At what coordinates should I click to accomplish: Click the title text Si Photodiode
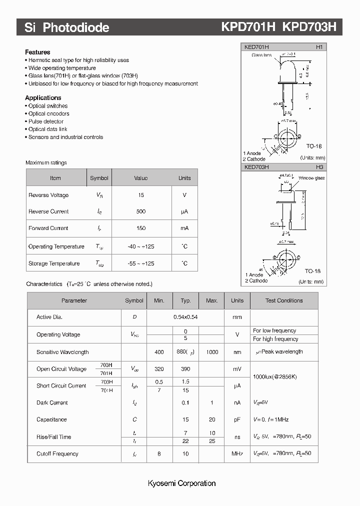67,28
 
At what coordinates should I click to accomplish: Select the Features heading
37,52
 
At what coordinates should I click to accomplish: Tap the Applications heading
43,98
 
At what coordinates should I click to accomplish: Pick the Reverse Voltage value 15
141,195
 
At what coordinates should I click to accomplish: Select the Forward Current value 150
141,228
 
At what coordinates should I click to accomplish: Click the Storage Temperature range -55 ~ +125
141,263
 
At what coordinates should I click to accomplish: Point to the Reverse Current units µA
184,212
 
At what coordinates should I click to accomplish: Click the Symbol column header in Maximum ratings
99,178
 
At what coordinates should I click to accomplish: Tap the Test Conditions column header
283,300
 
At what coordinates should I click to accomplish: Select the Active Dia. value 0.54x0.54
185,317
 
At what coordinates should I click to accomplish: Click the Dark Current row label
52,403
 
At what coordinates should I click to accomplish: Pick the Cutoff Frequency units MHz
237,454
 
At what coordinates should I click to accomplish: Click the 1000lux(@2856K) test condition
275,376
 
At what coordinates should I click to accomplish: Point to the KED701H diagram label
256,47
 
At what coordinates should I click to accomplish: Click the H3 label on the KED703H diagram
319,167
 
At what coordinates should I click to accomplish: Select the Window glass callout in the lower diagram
311,178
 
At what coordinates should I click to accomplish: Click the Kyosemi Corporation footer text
181,483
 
